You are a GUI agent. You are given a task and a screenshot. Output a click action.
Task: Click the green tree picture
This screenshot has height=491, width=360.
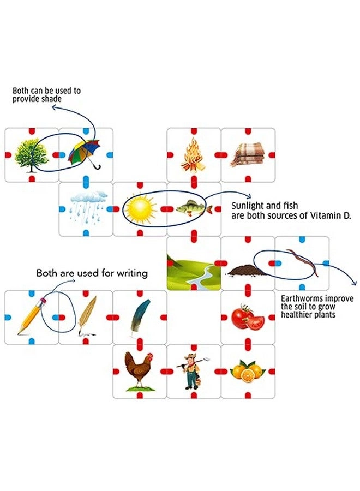click(31, 154)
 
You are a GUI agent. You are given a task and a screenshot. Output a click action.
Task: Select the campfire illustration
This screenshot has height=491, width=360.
click(193, 154)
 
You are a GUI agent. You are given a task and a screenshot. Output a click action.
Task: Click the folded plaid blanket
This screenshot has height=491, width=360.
click(247, 155)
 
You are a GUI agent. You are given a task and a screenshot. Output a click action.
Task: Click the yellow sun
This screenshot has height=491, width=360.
click(140, 208)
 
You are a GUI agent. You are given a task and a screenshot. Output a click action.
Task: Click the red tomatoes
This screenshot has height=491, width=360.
click(247, 317)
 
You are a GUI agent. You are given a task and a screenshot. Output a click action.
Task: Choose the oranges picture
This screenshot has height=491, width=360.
click(247, 372)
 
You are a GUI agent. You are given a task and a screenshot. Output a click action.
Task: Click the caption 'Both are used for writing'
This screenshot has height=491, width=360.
click(92, 273)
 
